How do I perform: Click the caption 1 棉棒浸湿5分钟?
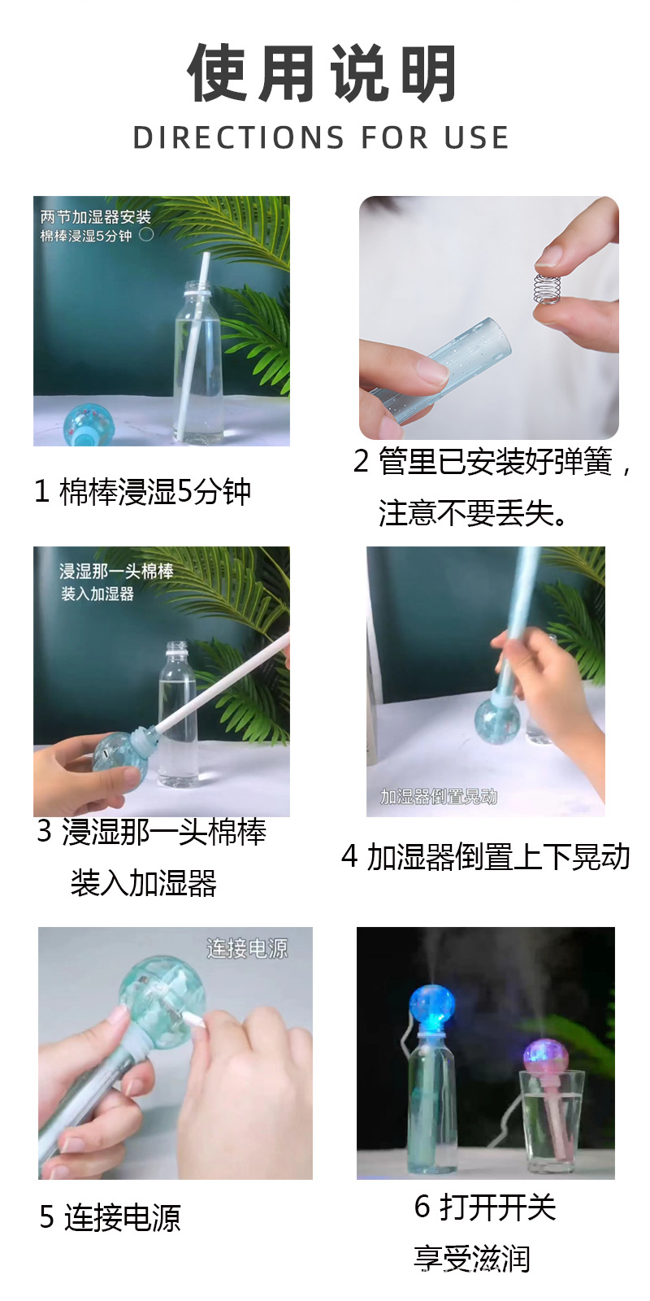143,492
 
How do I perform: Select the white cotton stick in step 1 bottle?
192,342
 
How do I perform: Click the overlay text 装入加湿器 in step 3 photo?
97,594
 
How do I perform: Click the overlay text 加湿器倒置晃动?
439,797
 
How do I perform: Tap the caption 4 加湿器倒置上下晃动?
486,857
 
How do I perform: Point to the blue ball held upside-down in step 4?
495,716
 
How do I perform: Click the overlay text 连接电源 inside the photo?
247,949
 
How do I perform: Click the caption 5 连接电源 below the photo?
110,1217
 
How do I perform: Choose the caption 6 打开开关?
485,1207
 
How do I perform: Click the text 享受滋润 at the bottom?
472,1259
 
